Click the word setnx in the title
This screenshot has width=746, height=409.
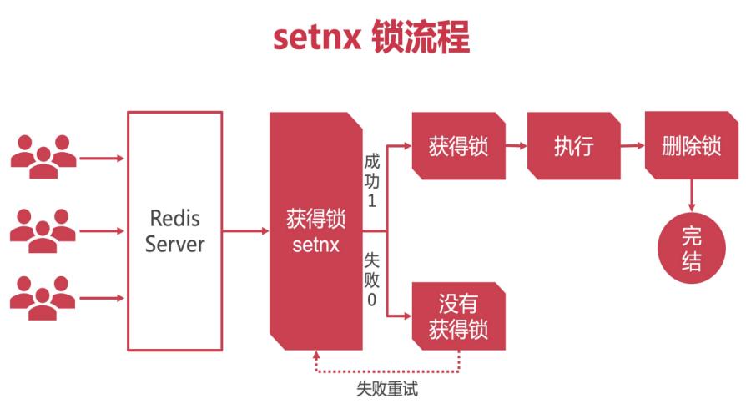315,38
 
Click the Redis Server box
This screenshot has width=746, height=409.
174,230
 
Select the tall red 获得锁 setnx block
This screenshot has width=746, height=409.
315,230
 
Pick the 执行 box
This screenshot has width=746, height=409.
573,146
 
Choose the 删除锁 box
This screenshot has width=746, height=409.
690,146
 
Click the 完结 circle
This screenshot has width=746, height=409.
691,249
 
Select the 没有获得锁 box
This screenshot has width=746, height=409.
458,316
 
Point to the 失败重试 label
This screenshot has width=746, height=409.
386,389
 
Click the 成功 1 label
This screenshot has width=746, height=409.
372,179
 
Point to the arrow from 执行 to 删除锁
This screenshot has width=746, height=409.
633,146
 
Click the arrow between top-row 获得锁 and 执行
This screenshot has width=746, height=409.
516,146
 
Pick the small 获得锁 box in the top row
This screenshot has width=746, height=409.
458,146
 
